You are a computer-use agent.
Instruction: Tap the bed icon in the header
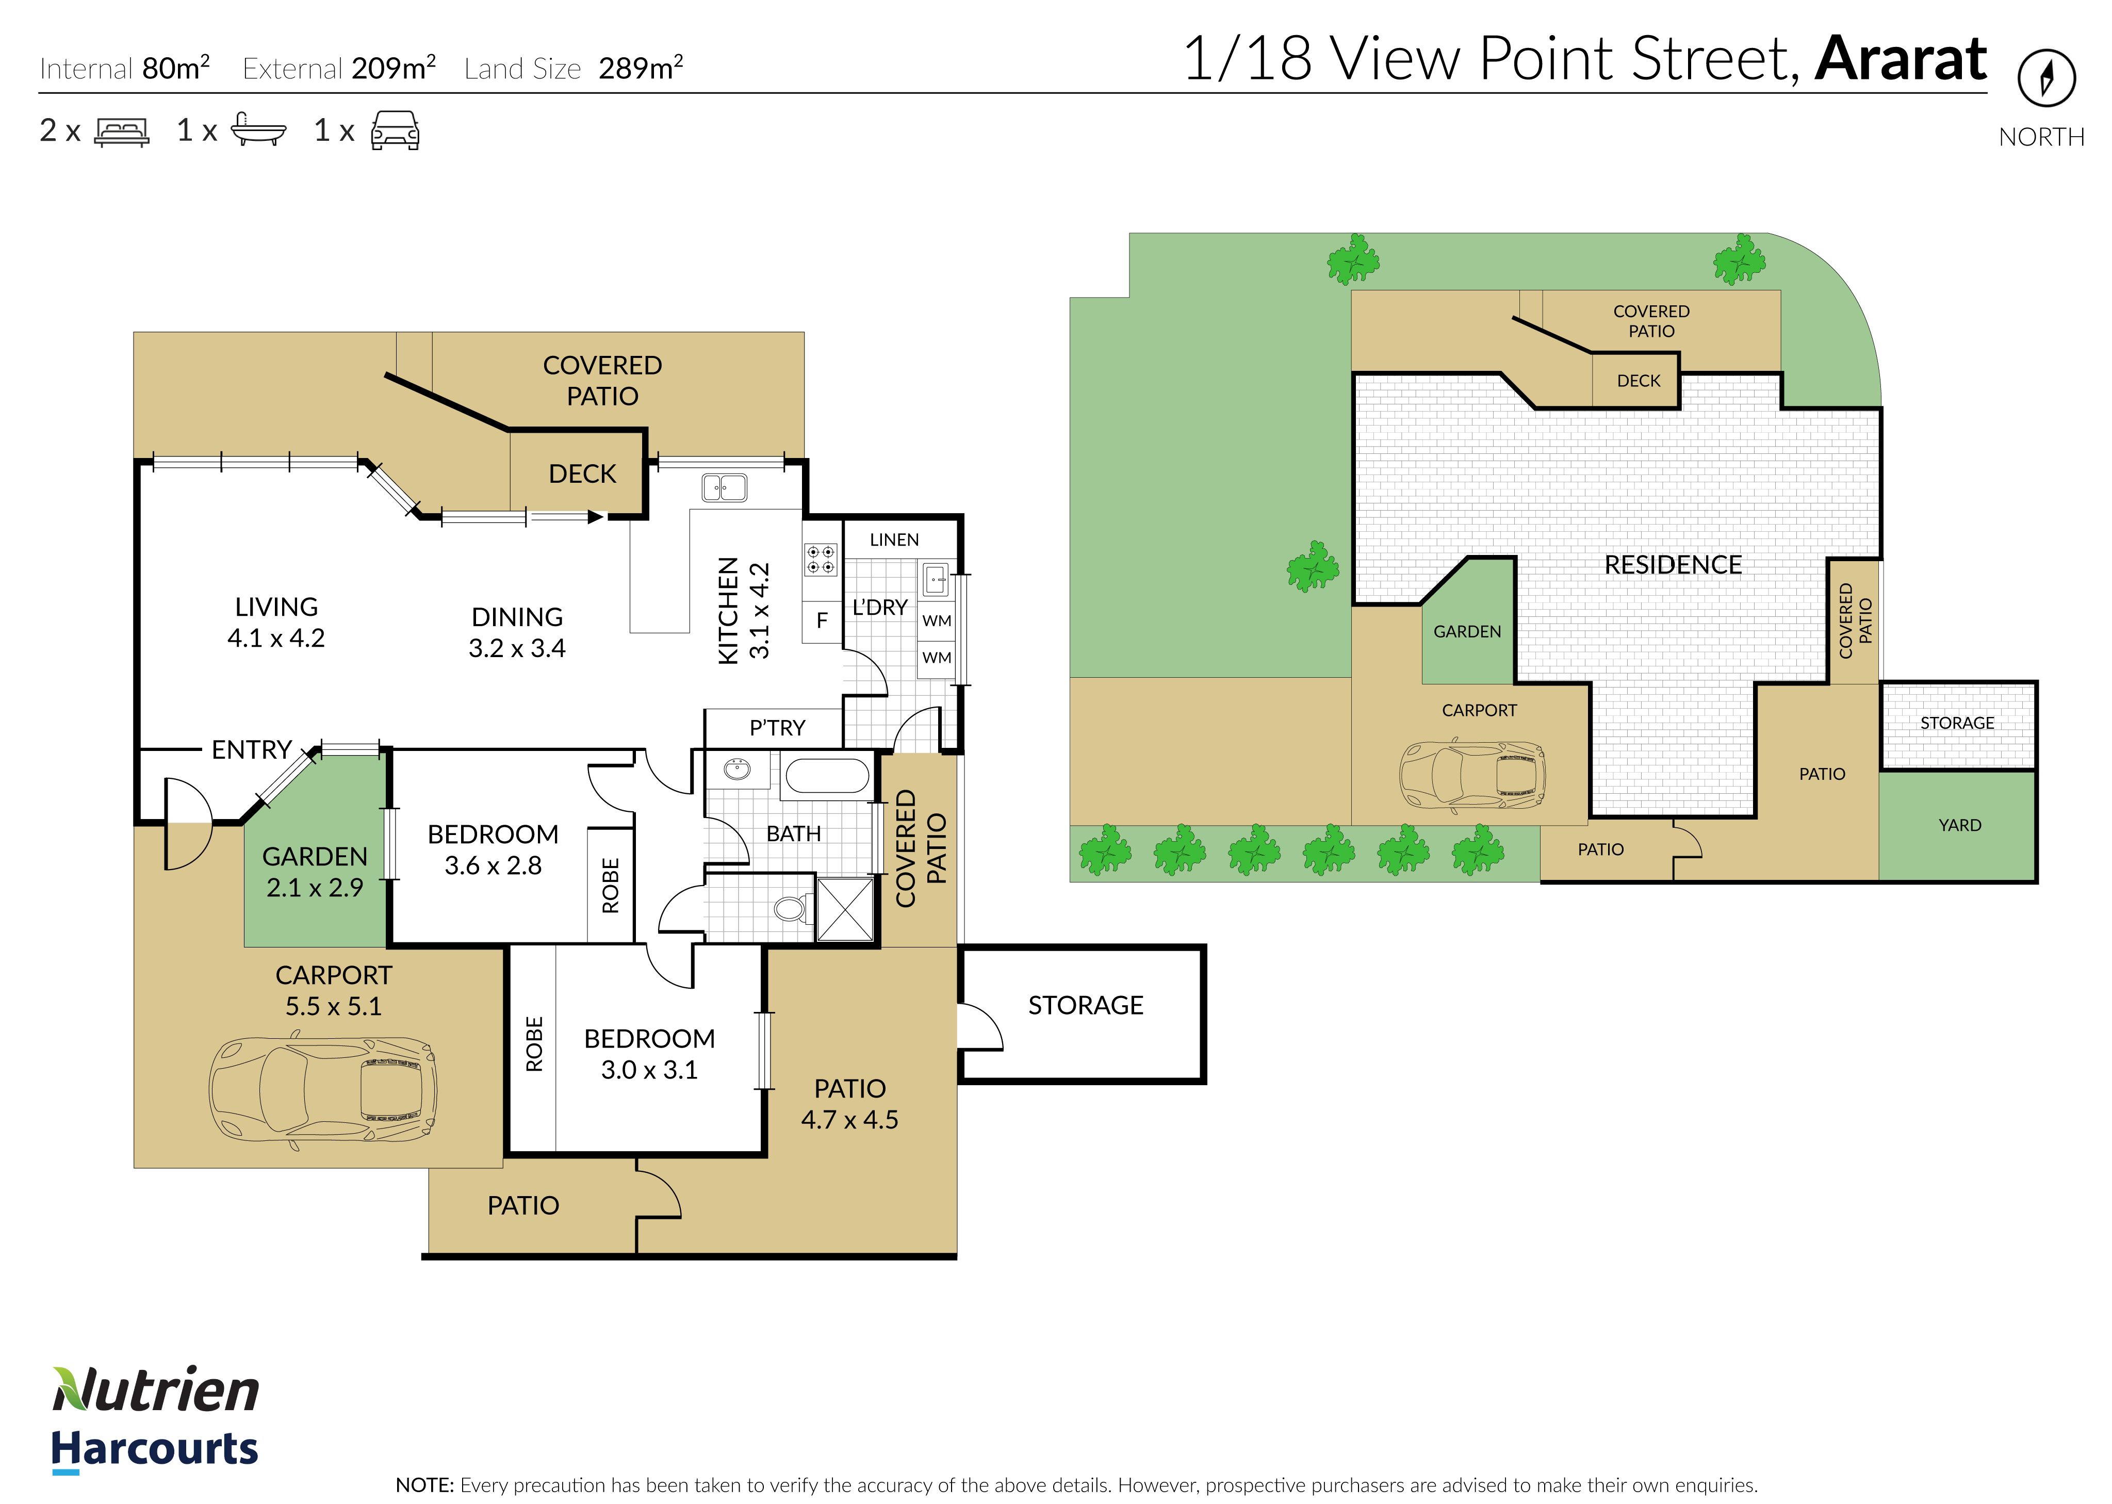121,132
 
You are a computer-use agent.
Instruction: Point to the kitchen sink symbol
724,487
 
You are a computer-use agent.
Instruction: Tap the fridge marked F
821,620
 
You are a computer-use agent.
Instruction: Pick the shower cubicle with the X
844,909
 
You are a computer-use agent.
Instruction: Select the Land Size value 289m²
641,68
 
